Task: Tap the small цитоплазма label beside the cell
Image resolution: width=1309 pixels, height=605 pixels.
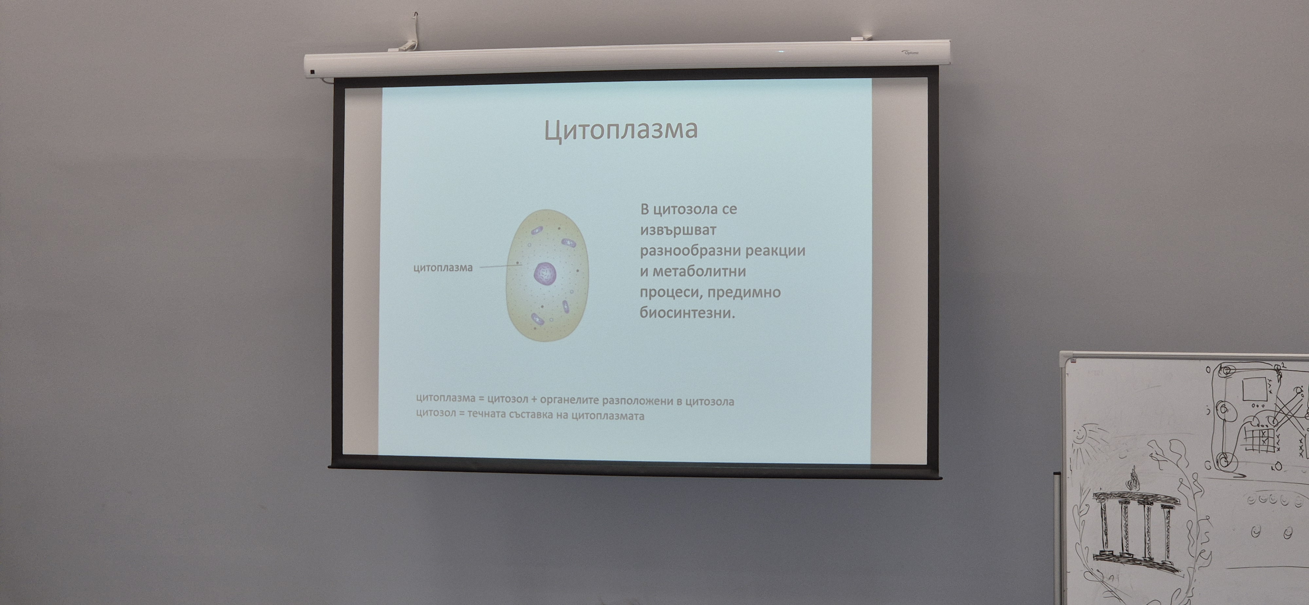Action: coord(443,267)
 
